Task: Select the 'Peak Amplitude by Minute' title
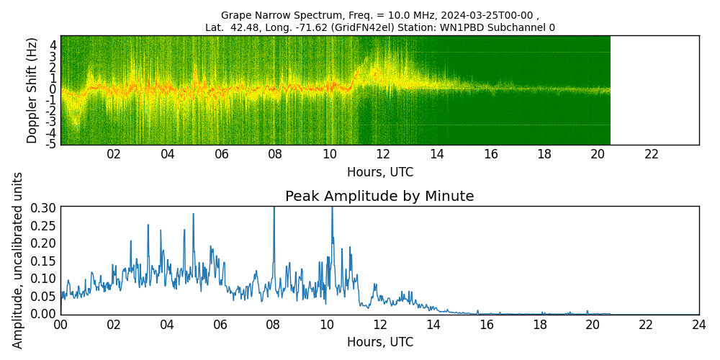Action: [379, 197]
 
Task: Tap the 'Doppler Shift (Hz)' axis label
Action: [32, 90]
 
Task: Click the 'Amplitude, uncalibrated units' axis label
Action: [18, 260]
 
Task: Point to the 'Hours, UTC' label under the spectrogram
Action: [379, 173]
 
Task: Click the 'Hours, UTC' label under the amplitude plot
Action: [379, 343]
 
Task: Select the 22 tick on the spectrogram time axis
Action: [652, 154]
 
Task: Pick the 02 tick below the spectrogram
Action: [114, 154]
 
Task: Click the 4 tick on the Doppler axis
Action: [53, 45]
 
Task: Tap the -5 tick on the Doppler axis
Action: [50, 144]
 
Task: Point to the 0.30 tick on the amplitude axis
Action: [44, 207]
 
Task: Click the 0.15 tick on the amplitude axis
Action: [44, 261]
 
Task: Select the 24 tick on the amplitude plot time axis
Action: [698, 325]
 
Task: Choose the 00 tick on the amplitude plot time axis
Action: [60, 325]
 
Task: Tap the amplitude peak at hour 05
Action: [193, 214]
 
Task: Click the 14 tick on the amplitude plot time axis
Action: [433, 325]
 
